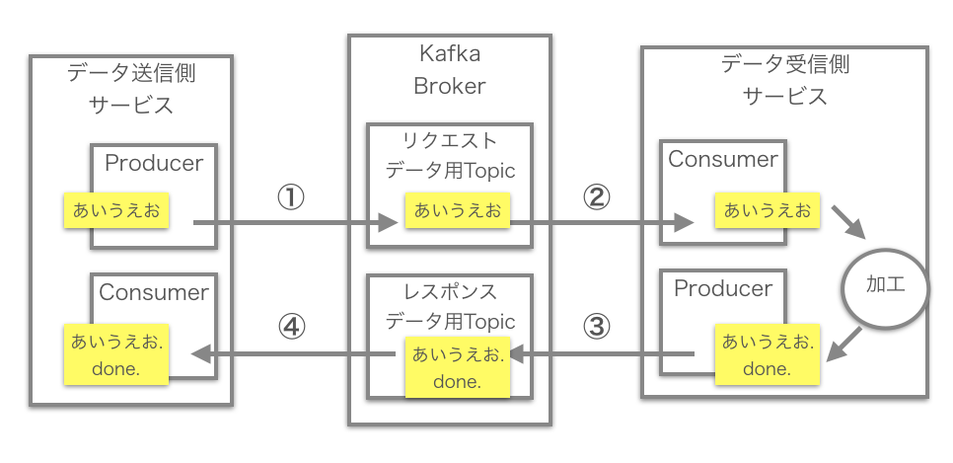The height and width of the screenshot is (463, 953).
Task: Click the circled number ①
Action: [290, 197]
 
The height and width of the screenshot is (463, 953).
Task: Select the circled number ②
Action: [596, 197]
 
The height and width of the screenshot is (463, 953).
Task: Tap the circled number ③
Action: [597, 327]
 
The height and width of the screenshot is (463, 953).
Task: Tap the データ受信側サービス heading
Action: [784, 80]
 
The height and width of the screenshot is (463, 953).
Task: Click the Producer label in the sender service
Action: [154, 163]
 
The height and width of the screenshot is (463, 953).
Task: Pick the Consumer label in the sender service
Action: [154, 292]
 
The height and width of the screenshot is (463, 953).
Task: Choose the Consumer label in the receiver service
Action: [723, 159]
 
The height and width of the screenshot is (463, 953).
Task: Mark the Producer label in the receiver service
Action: [723, 288]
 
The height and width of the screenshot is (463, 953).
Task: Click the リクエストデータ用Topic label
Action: [449, 155]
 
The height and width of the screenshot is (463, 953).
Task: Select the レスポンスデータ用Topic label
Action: [449, 307]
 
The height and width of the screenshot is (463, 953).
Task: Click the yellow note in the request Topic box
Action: [457, 210]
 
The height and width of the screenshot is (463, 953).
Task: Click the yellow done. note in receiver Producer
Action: [768, 355]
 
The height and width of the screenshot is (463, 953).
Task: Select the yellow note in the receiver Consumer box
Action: [768, 210]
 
